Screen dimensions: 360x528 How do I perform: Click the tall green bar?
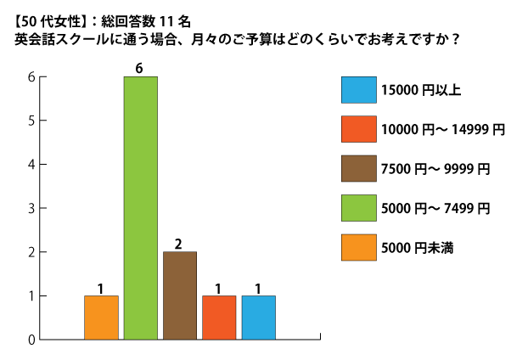[140, 208]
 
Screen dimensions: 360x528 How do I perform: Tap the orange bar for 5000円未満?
[101, 318]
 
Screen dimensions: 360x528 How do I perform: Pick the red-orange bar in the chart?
[219, 318]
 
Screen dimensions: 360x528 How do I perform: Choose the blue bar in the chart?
[258, 318]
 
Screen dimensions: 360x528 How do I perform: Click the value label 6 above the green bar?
[140, 68]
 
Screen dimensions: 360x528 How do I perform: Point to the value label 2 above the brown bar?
[179, 244]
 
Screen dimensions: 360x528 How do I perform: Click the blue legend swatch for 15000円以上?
[356, 89]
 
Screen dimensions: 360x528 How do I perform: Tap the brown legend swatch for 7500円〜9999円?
[356, 168]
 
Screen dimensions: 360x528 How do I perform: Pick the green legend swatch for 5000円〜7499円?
[356, 207]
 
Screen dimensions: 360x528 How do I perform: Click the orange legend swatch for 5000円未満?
[356, 247]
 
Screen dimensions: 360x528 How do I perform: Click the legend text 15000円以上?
[421, 89]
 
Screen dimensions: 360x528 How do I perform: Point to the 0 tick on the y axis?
[31, 340]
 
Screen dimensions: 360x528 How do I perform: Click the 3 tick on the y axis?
[31, 208]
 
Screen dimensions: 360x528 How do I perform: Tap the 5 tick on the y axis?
[31, 121]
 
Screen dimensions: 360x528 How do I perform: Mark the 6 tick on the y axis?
[31, 76]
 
